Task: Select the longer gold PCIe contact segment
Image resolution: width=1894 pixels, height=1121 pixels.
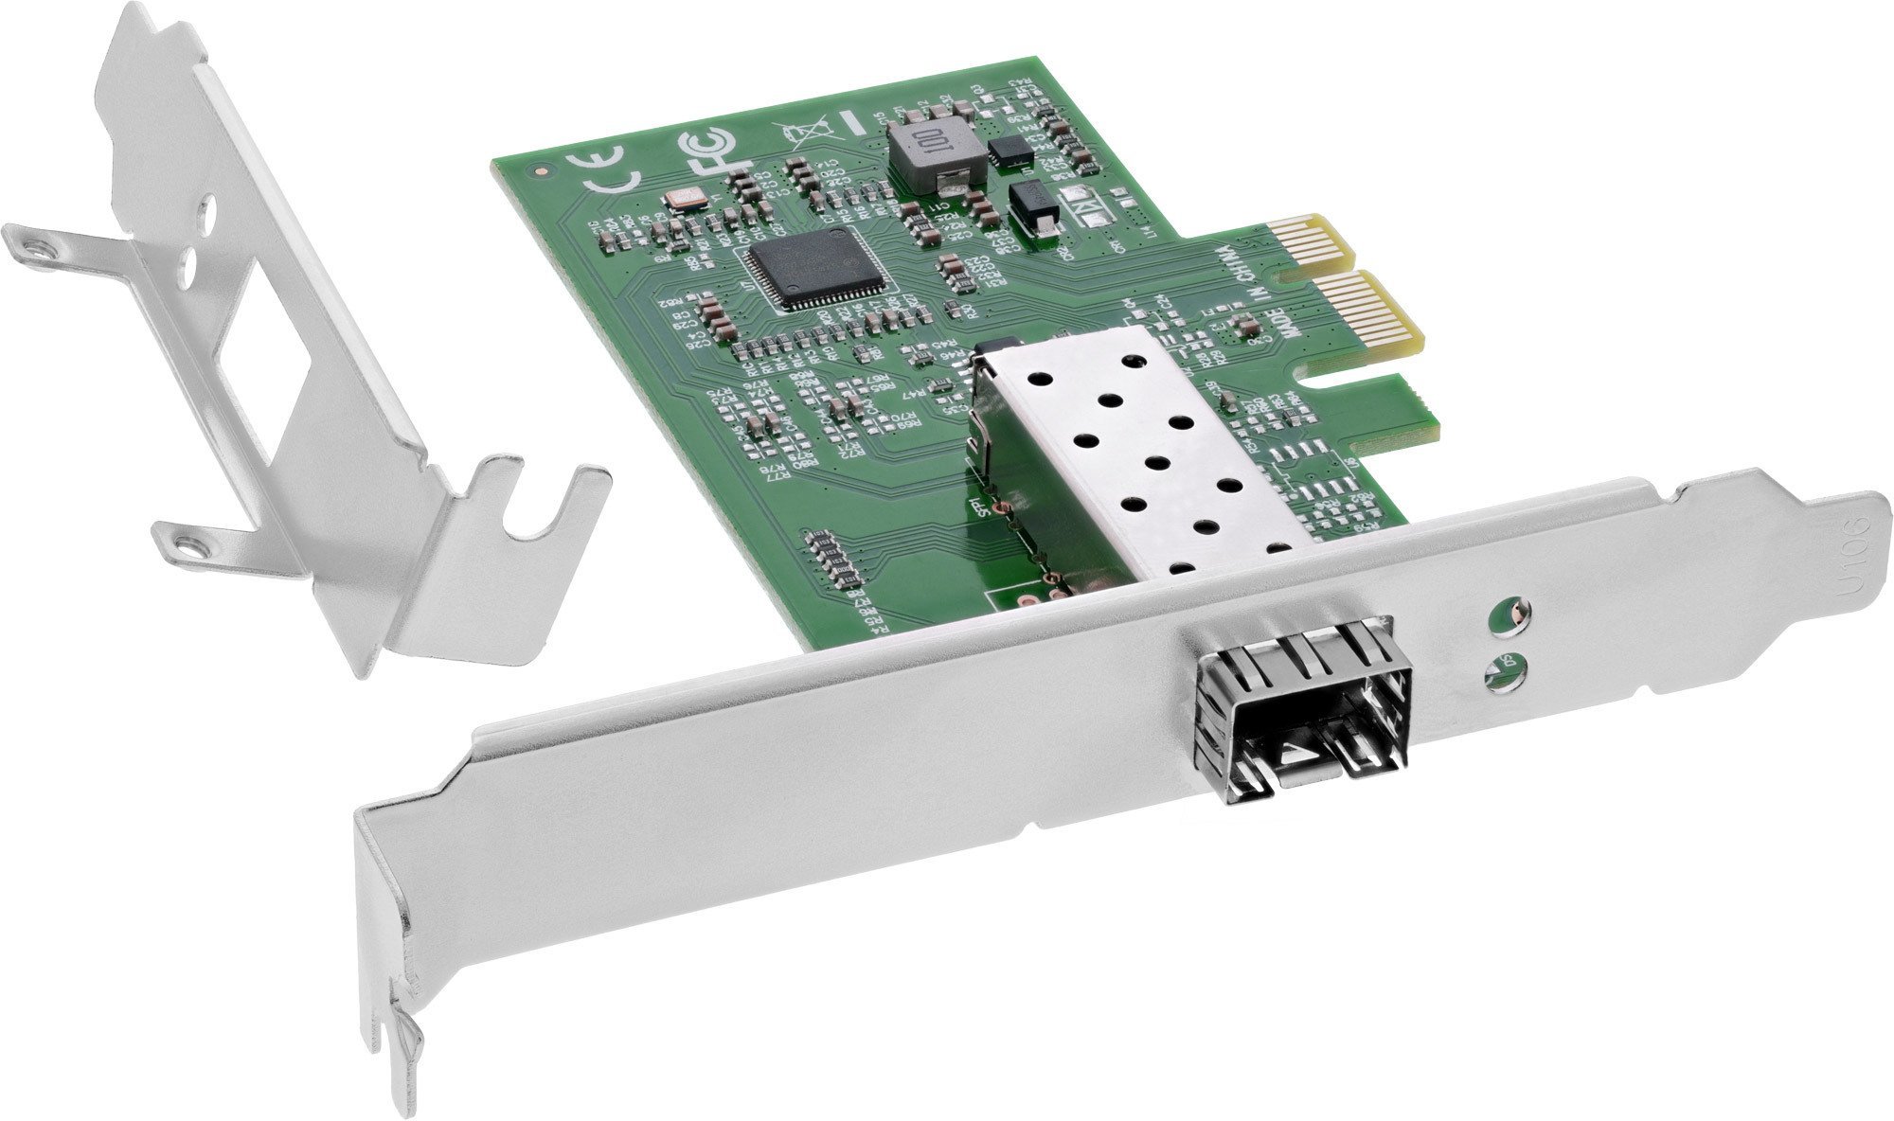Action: click(1349, 304)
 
